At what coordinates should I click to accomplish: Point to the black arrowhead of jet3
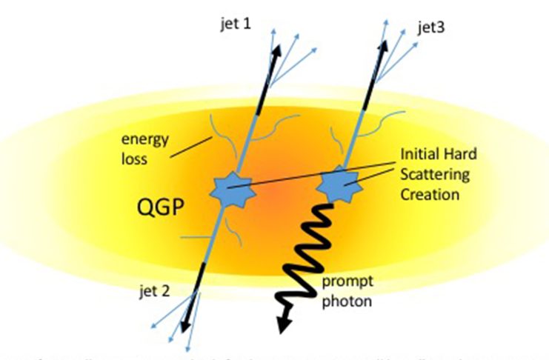[385, 47]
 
